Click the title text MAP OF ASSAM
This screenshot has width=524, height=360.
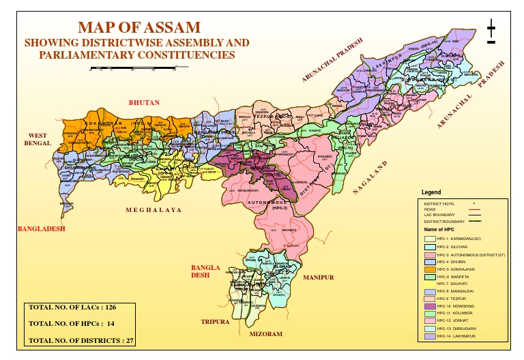tap(139, 27)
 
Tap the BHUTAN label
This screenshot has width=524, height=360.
tap(144, 102)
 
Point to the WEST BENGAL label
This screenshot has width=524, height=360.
tap(38, 140)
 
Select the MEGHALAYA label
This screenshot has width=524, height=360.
tap(154, 210)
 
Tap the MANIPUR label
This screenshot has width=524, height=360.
tap(318, 278)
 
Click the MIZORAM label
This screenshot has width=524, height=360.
tap(265, 334)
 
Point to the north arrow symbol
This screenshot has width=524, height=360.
tap(491, 33)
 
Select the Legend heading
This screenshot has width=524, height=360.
tap(432, 193)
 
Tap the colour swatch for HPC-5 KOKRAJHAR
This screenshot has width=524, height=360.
tap(429, 270)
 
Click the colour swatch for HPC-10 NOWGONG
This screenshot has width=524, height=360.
tap(429, 305)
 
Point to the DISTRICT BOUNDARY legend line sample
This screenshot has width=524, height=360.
tap(476, 222)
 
